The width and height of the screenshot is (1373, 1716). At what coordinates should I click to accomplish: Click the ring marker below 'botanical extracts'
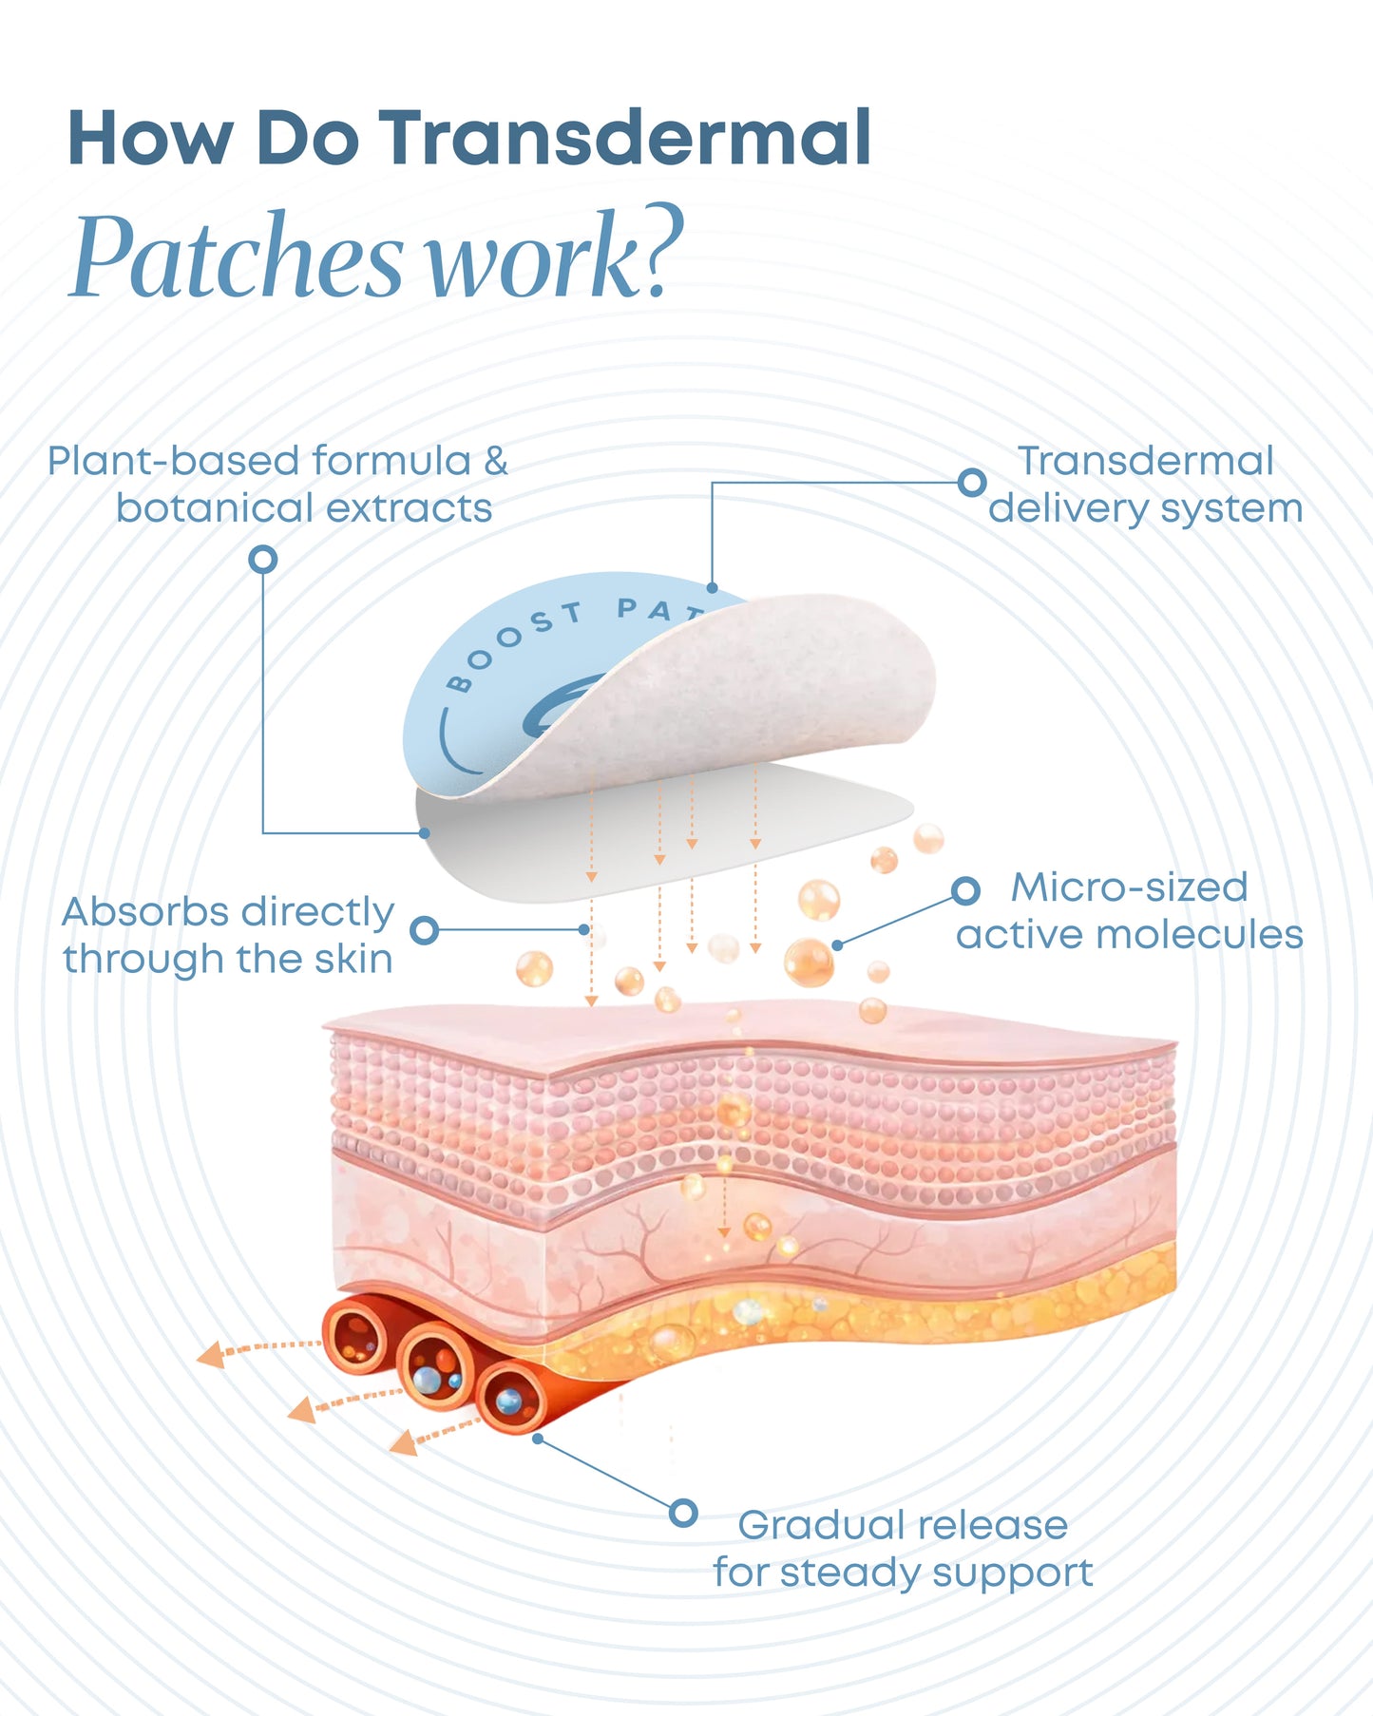[x=263, y=559]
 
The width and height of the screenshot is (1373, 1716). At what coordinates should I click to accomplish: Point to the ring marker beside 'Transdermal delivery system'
[x=971, y=482]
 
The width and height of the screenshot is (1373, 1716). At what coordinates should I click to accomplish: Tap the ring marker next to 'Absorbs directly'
[x=425, y=929]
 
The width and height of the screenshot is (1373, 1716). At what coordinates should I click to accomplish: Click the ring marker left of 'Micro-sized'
[x=965, y=890]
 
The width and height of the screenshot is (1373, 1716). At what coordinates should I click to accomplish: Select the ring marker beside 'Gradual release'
[x=683, y=1513]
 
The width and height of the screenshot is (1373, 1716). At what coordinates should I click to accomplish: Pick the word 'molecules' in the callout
[x=1198, y=935]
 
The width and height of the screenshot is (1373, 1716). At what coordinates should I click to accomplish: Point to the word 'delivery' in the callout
[x=1068, y=509]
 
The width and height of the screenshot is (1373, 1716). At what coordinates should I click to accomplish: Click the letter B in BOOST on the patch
[x=459, y=683]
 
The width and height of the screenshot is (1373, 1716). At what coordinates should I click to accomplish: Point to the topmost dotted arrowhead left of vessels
[x=210, y=1354]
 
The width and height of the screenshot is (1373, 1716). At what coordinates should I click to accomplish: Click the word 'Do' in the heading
[x=307, y=139]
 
